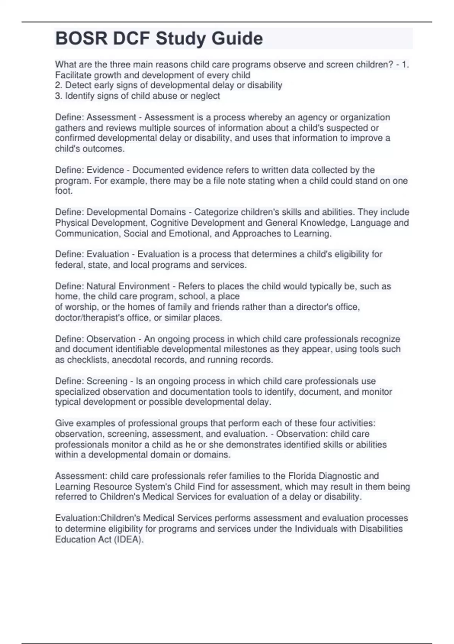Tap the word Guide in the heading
pos(237,39)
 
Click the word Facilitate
pos(72,75)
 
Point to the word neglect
pos(205,96)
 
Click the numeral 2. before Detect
pos(59,85)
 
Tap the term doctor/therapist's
pos(89,317)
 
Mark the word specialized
pos(77,391)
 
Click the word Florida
pos(303,476)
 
